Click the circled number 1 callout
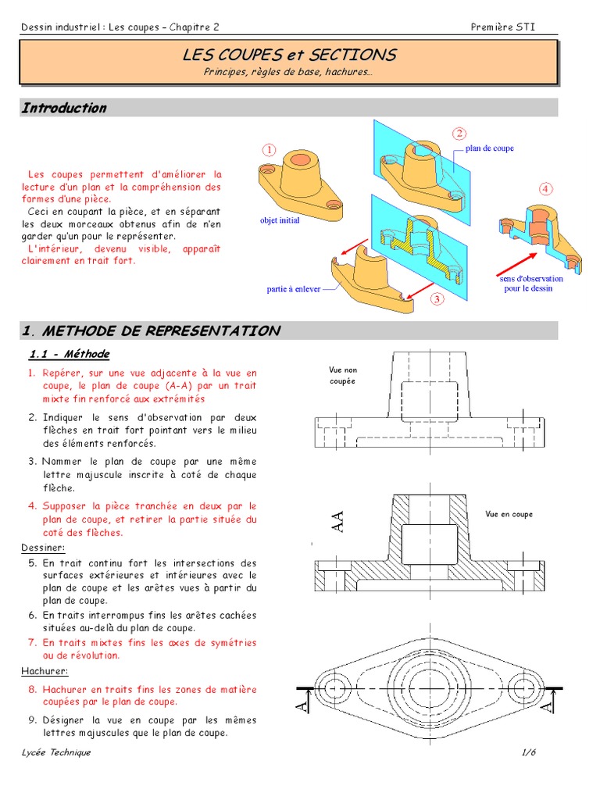(270, 150)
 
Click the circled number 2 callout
(459, 134)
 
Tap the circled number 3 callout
(437, 298)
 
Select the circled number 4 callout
(545, 189)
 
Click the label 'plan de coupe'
(490, 148)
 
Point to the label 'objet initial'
(280, 220)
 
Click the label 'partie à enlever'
(293, 289)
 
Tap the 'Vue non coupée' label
(342, 375)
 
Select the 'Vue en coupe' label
(509, 514)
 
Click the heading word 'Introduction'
(64, 108)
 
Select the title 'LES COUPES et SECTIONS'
(289, 55)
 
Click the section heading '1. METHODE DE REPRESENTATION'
(151, 330)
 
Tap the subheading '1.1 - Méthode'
(69, 354)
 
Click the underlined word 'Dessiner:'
(40, 548)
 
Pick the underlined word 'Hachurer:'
(44, 671)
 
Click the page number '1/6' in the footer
(529, 752)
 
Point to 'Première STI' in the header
(503, 27)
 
